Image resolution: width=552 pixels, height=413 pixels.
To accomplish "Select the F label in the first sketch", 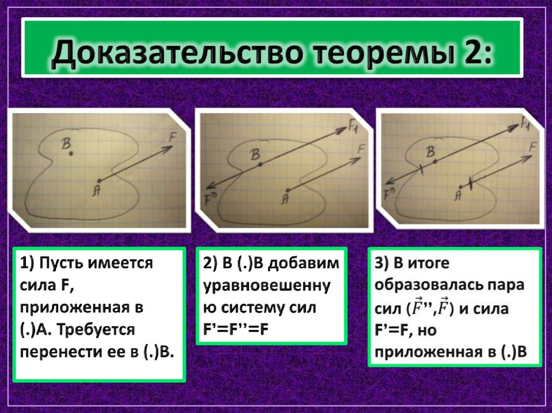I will [x=172, y=137].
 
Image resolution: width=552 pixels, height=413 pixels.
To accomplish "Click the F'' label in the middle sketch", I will [x=211, y=198].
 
